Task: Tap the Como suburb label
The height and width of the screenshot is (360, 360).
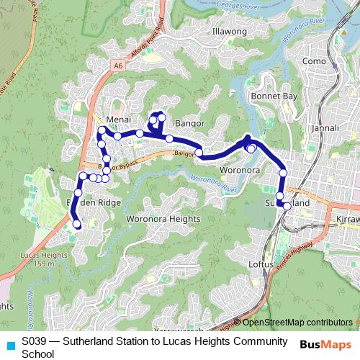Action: [x=315, y=62]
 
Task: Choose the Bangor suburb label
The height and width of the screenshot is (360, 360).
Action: [x=191, y=123]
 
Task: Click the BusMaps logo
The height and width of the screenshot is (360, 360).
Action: [x=325, y=345]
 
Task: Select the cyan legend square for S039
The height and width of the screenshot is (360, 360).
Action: [x=9, y=342]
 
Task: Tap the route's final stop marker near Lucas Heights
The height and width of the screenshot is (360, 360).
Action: [x=76, y=225]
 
